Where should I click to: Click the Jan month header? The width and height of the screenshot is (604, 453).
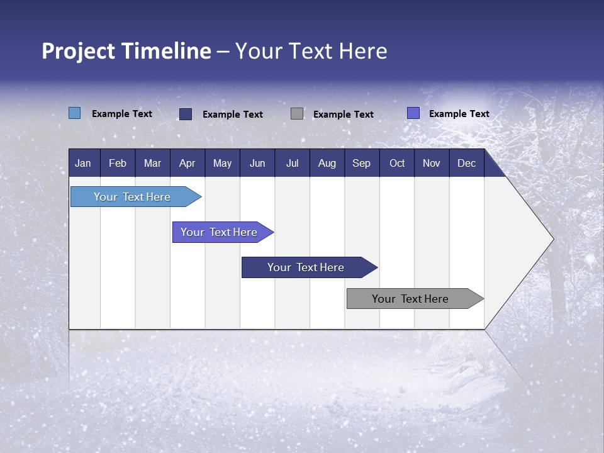point(83,163)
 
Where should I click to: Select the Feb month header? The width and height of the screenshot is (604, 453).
point(118,163)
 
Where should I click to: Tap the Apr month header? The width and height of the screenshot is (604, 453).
point(187,163)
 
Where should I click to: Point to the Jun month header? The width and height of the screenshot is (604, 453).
point(257,163)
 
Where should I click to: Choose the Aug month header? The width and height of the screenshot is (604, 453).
point(327,163)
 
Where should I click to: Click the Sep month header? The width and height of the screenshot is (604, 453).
point(361,163)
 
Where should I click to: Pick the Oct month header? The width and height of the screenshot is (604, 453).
point(397,163)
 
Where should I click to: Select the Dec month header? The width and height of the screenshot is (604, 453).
point(466,163)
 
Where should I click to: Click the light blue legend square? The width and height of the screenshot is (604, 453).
point(74,113)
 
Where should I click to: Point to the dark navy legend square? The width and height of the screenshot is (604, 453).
point(186,114)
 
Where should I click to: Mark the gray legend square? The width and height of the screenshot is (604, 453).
point(297,113)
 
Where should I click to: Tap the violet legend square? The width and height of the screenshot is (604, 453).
point(413,113)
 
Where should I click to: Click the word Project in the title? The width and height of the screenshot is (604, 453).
point(79,51)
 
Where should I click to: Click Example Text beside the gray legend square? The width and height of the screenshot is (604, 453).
point(343,114)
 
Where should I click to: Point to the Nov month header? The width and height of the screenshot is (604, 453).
point(432,163)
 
